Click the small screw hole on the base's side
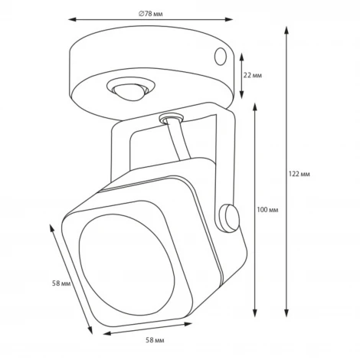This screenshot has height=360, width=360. coord(221,57)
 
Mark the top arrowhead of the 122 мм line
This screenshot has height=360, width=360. coord(286,29)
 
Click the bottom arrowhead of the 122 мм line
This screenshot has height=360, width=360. coord(286,309)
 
